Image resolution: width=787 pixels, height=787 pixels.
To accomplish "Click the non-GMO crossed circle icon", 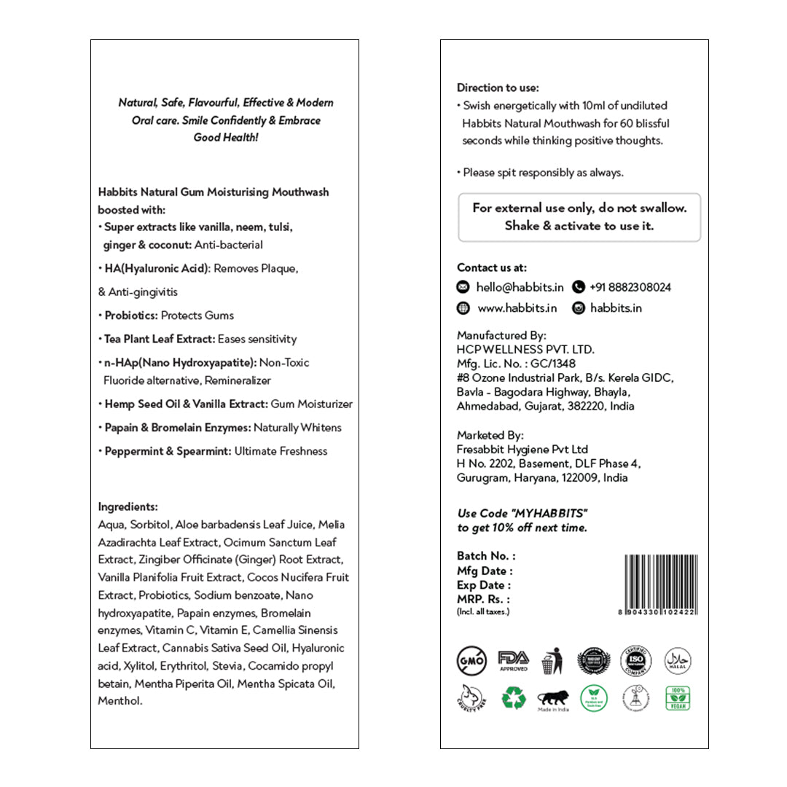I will point(471,661).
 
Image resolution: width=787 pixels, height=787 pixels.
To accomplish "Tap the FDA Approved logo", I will point(513,660).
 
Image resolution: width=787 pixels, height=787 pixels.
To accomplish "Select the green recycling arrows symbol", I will point(513,698).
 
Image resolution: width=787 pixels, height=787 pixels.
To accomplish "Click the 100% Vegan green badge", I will point(678,698).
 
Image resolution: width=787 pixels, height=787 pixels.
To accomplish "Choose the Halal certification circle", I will point(678,661).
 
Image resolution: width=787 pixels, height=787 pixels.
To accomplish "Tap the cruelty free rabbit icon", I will point(471,698).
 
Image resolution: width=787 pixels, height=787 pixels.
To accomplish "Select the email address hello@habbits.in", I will point(520,287).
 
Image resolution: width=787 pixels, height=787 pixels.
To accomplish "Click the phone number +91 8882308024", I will point(630,287).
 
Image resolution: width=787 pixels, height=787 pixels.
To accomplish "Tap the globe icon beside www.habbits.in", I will point(463,308).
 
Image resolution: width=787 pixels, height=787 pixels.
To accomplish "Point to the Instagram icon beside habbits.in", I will point(579,308).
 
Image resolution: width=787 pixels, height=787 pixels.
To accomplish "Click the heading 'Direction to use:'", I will point(498,88).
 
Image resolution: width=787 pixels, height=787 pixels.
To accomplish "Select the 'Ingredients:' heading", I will point(128,506).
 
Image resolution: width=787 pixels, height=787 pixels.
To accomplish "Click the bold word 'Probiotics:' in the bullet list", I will point(131,316).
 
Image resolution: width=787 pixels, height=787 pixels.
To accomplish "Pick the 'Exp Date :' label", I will point(484,585).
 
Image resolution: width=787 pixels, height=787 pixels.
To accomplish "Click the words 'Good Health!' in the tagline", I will point(226,138).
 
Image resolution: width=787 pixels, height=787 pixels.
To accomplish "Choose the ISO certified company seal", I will point(635,661).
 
